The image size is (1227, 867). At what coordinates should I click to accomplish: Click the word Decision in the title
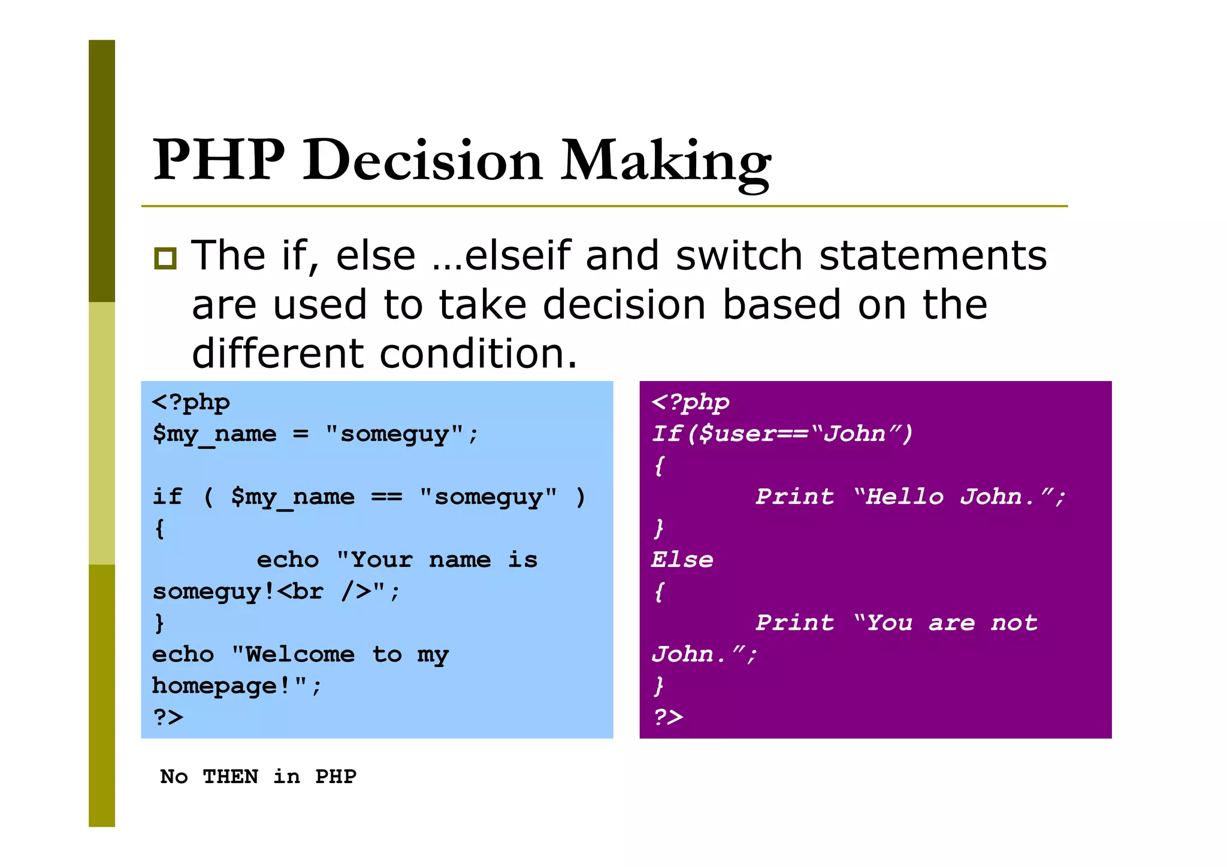(x=422, y=160)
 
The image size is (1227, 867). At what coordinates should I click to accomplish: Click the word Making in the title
(x=665, y=160)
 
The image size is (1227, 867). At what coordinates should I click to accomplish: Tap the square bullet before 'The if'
(x=165, y=258)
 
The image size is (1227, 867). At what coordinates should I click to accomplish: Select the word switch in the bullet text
(x=738, y=256)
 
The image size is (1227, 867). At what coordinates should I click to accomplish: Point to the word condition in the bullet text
(x=478, y=354)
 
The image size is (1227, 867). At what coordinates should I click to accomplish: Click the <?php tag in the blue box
(x=191, y=402)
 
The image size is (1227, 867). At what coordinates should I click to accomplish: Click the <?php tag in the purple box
(x=690, y=402)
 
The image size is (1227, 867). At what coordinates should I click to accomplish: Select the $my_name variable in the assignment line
(x=214, y=434)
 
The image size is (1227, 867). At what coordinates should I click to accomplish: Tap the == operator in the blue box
(x=386, y=497)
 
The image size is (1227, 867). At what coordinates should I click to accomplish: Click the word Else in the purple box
(x=682, y=560)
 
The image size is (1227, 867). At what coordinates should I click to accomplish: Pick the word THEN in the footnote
(x=230, y=777)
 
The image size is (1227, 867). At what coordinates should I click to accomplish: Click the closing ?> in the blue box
(x=168, y=717)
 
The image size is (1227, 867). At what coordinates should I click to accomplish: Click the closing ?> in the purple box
(x=667, y=717)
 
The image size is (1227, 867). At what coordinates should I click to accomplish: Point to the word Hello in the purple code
(x=905, y=497)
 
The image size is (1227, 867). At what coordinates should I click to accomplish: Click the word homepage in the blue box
(x=214, y=685)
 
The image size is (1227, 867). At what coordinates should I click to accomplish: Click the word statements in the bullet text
(x=932, y=256)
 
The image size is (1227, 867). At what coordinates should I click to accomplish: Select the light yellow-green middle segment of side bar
(x=102, y=433)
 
